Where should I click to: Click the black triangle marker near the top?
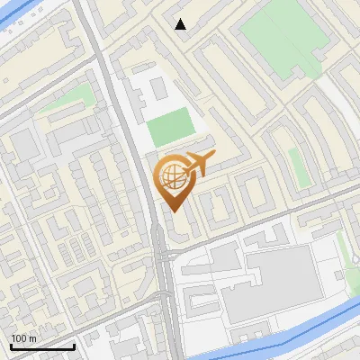tap(181, 24)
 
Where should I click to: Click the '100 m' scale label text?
tap(23, 338)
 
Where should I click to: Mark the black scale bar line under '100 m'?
tap(42, 347)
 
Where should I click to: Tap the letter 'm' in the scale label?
tap(32, 338)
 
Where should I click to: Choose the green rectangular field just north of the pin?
tap(170, 128)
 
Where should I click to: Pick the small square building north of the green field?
tap(157, 88)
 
